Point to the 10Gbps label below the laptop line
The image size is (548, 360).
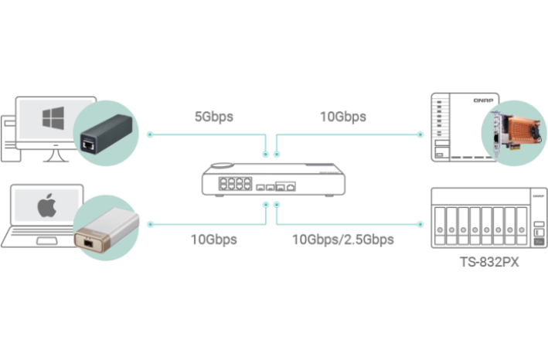click(213, 239)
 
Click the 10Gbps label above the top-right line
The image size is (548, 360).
click(343, 117)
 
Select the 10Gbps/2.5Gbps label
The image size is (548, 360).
click(343, 239)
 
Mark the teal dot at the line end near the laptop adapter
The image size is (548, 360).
click(149, 225)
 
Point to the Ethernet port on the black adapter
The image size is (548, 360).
click(89, 143)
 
